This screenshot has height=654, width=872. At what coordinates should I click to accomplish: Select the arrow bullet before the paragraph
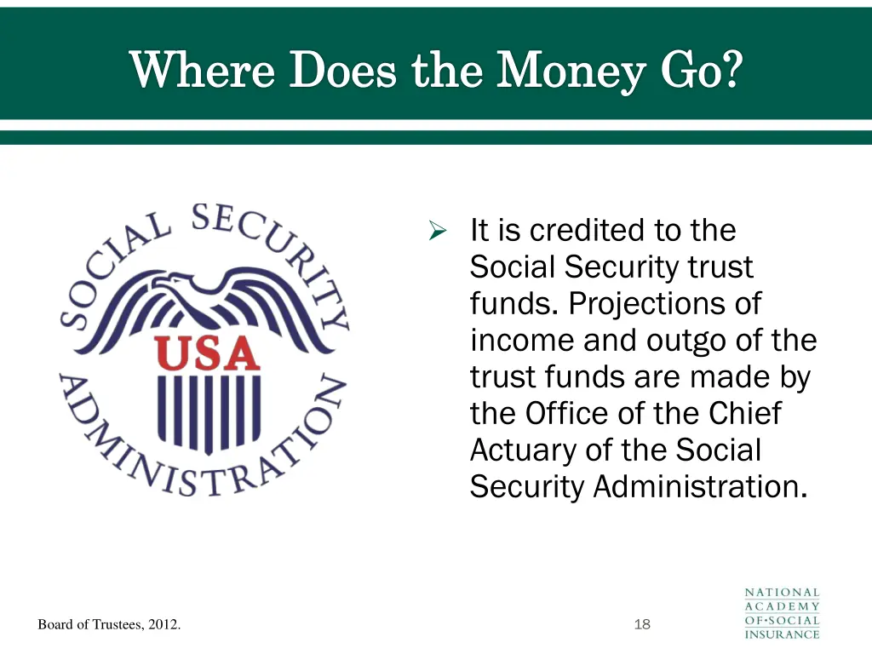pyautogui.click(x=439, y=231)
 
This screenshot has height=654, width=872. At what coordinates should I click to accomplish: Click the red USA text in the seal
pyautogui.click(x=206, y=353)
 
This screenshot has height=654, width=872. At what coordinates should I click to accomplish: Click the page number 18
pyautogui.click(x=642, y=625)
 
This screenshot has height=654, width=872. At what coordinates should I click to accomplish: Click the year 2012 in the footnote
pyautogui.click(x=163, y=625)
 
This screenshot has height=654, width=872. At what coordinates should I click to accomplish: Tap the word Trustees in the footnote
pyautogui.click(x=115, y=625)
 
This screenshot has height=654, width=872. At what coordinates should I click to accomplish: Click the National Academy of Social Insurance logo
pyautogui.click(x=782, y=613)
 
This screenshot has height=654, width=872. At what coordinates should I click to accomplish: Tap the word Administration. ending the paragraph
pyautogui.click(x=699, y=487)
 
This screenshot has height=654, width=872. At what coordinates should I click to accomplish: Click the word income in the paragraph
pyautogui.click(x=522, y=341)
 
